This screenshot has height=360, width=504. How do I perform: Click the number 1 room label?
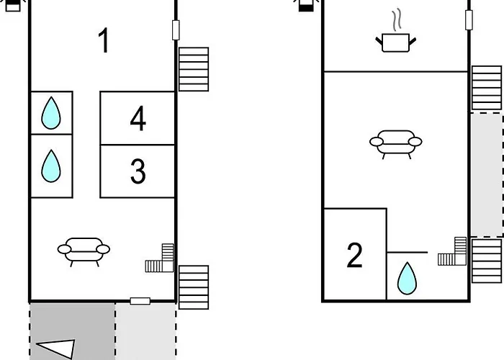click(104, 41)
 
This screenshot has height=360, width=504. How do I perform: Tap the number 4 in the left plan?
click(138, 119)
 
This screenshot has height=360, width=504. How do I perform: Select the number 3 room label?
click(138, 172)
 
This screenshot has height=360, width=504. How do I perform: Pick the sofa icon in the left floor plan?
click(84, 251)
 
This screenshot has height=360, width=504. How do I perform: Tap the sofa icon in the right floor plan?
click(395, 142)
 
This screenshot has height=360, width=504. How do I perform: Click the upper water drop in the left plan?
click(50, 113)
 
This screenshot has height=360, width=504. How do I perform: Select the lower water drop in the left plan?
click(50, 166)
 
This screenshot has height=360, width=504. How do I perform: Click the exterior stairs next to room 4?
click(193, 69)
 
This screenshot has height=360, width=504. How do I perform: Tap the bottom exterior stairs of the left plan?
click(193, 287)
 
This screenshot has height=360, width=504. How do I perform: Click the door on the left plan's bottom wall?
click(140, 301)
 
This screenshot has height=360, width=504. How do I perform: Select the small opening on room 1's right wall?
click(176, 30)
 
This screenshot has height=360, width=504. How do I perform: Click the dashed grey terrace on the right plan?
click(487, 174)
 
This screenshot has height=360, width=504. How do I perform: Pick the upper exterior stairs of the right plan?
click(487, 88)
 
